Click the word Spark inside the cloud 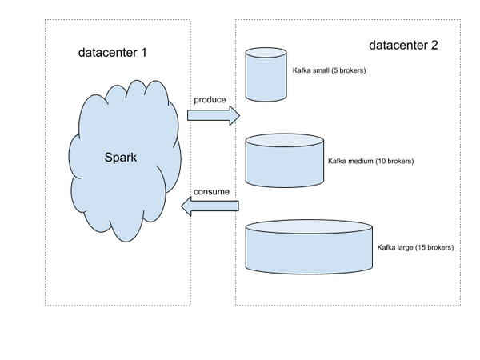[121, 157]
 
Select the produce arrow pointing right [213, 115]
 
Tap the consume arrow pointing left [209, 208]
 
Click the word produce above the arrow [210, 100]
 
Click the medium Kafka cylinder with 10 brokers [285, 161]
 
